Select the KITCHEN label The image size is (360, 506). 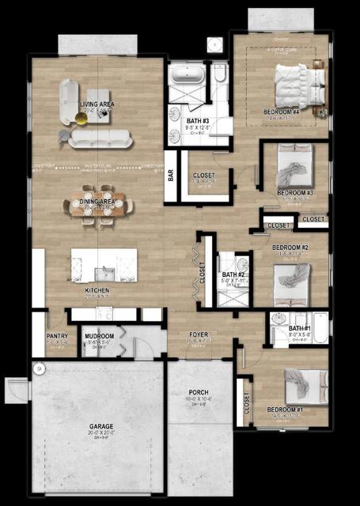pos(98,291)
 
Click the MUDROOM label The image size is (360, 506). pos(100,336)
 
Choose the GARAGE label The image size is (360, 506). pos(100,426)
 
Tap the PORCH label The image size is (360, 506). pos(199,392)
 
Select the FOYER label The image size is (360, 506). pos(198,334)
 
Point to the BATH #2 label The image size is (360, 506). pos(233,274)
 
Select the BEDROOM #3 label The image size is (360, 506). pos(295,193)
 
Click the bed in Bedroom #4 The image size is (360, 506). pos(298,82)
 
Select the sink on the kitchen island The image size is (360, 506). pos(104,273)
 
